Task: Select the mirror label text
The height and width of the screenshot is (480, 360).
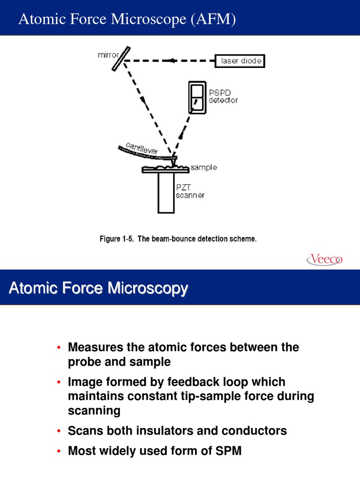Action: pyautogui.click(x=107, y=55)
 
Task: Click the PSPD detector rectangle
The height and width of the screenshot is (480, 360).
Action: pyautogui.click(x=197, y=97)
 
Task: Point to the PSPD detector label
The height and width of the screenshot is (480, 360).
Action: pyautogui.click(x=223, y=97)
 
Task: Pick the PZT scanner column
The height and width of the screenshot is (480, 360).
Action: pyautogui.click(x=166, y=193)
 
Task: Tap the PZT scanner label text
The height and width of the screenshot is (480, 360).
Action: pyautogui.click(x=190, y=191)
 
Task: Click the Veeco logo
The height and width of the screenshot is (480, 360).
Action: pyautogui.click(x=325, y=259)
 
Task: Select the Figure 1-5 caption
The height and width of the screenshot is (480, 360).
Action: pyautogui.click(x=178, y=239)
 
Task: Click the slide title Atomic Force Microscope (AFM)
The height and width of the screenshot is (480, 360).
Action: pyautogui.click(x=127, y=19)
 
